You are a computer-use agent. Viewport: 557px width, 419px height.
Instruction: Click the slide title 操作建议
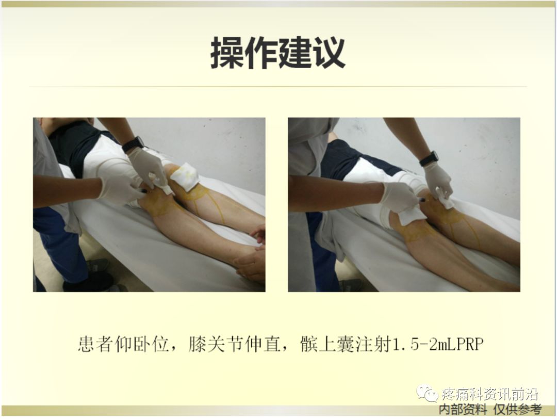tap(277, 54)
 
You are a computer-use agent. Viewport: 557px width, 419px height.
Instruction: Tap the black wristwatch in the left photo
tap(133, 144)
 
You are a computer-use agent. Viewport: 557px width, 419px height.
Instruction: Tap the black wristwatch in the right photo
tap(429, 158)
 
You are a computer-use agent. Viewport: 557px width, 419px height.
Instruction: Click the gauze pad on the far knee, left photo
tap(185, 177)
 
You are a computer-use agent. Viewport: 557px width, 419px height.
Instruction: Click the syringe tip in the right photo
tap(422, 199)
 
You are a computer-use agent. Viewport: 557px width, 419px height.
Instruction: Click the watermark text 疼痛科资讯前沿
tap(490, 395)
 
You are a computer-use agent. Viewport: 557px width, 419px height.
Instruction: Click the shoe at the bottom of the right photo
tap(351, 285)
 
